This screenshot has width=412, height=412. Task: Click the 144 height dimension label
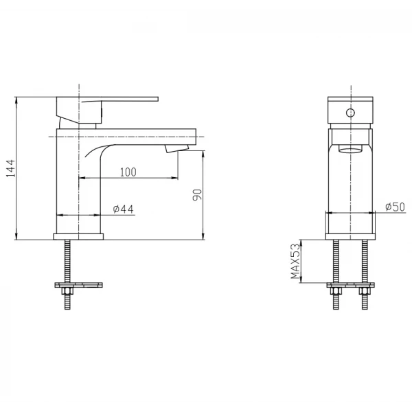[x=11, y=168]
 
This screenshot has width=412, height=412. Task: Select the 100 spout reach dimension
[x=128, y=172]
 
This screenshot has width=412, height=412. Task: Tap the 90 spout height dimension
[x=197, y=195]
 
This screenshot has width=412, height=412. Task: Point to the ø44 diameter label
[x=123, y=209]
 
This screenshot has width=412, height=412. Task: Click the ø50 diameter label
[x=396, y=207]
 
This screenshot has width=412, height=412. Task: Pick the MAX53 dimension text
[x=295, y=261]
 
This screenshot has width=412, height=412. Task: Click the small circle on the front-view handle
[x=350, y=113]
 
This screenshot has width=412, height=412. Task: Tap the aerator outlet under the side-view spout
[x=177, y=148]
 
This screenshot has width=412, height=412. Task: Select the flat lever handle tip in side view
[x=157, y=99]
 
